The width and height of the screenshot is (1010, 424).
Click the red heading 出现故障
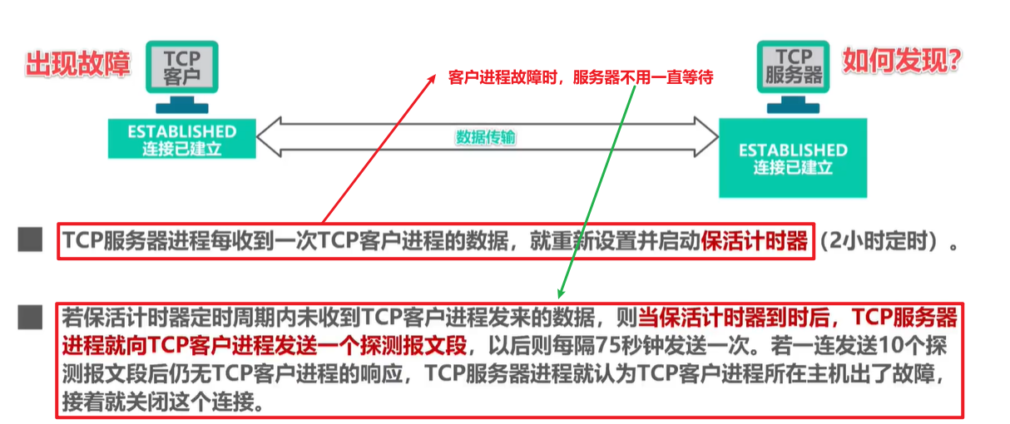pyautogui.click(x=78, y=63)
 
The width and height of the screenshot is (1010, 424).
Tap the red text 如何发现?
pyautogui.click(x=903, y=60)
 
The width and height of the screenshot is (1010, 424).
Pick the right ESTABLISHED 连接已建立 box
pyautogui.click(x=793, y=158)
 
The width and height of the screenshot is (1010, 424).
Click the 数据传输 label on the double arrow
pyautogui.click(x=485, y=137)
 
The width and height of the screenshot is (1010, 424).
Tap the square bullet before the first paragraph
pyautogui.click(x=31, y=241)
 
